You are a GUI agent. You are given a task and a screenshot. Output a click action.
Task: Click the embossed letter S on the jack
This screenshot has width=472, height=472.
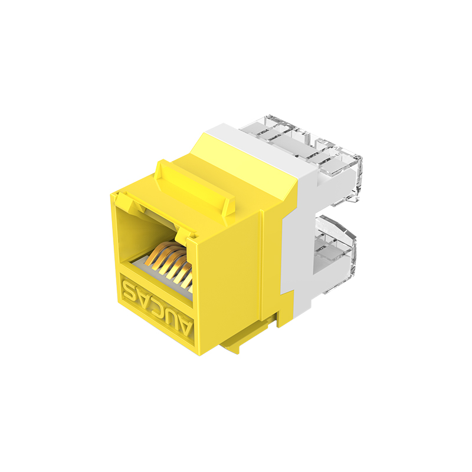point(129,289)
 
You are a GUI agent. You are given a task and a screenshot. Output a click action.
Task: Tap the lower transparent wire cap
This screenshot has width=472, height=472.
point(334,253)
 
